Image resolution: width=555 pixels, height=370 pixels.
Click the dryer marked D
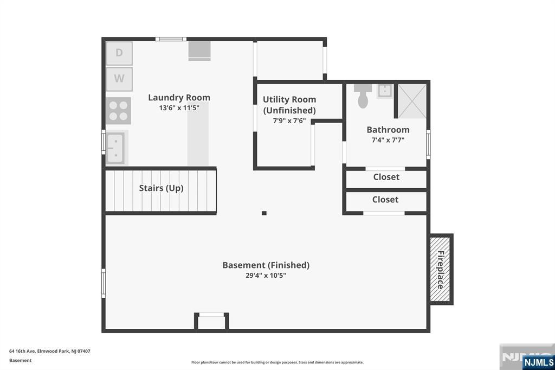tap(119, 53)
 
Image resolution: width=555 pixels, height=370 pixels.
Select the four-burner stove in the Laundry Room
tap(118, 111)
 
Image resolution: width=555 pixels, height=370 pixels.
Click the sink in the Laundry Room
tap(115, 148)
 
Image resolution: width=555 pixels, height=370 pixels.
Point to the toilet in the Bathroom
tap(363, 95)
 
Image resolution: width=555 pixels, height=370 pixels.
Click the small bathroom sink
tap(384, 91)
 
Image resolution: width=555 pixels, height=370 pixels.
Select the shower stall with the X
tap(412, 101)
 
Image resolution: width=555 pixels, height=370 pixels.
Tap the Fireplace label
tap(441, 270)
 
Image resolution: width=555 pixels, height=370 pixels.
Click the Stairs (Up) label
tap(161, 188)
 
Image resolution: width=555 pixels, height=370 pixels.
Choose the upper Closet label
tap(386, 177)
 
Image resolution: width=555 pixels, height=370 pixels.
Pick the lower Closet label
tap(385, 200)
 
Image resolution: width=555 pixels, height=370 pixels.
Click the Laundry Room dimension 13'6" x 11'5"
tap(179, 108)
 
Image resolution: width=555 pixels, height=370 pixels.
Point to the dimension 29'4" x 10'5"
tap(266, 276)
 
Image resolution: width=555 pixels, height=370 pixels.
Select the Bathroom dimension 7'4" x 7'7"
tap(388, 140)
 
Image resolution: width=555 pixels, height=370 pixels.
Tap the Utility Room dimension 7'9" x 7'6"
tap(289, 121)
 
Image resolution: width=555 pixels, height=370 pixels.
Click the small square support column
tap(264, 213)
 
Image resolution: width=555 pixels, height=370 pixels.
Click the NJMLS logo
tap(538, 362)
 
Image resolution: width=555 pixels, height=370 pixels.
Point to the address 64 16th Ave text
tap(49, 351)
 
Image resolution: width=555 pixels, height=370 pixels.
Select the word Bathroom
tap(388, 130)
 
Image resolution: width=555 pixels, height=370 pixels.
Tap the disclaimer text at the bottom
tap(277, 362)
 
